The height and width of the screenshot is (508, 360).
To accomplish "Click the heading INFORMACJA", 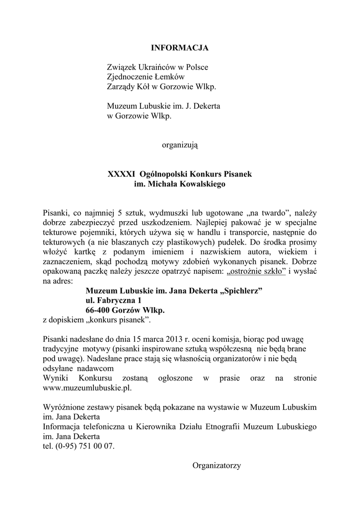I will pyautogui.click(x=180, y=48).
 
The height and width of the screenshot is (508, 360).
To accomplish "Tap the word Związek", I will pyautogui.click(x=122, y=67).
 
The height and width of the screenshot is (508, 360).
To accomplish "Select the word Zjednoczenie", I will pyautogui.click(x=132, y=77).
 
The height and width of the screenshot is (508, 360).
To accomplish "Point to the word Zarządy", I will pyautogui.click(x=121, y=87).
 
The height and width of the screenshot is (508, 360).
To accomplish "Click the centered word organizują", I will pyautogui.click(x=180, y=145).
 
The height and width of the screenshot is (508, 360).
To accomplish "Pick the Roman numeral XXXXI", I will pyautogui.click(x=122, y=174).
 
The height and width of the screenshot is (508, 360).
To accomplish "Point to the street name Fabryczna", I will pyautogui.click(x=115, y=300).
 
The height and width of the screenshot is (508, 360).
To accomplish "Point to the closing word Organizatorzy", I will pyautogui.click(x=216, y=465).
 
